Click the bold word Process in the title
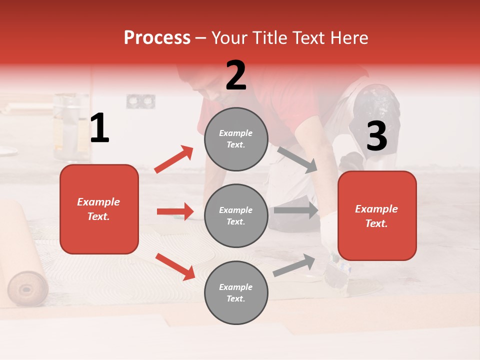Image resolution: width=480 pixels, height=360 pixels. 157,38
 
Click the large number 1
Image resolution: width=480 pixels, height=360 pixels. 99,128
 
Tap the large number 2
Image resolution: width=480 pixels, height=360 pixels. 236,75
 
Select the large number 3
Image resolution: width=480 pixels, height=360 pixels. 376,136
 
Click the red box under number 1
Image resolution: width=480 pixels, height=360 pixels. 99,209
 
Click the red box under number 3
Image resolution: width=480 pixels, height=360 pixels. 377,215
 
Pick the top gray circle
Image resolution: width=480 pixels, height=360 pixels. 236,139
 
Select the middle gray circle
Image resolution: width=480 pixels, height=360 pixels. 236,215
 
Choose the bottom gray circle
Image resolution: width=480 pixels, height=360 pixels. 236,292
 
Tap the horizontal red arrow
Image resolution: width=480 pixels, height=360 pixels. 175,211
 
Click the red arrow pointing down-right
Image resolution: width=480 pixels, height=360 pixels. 175,266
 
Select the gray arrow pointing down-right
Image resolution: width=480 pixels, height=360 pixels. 297,160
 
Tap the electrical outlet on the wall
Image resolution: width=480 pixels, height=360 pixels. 136,101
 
